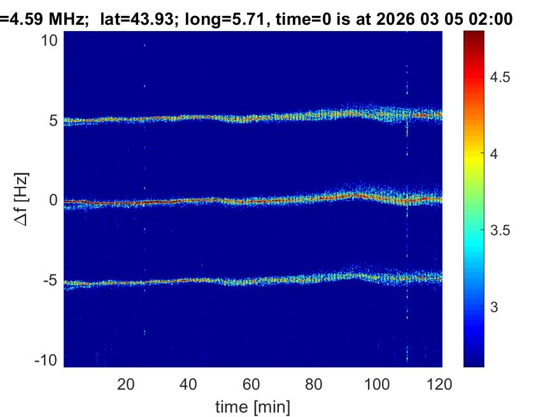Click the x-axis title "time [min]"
[x=253, y=405]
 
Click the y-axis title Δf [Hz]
[x=21, y=201]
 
